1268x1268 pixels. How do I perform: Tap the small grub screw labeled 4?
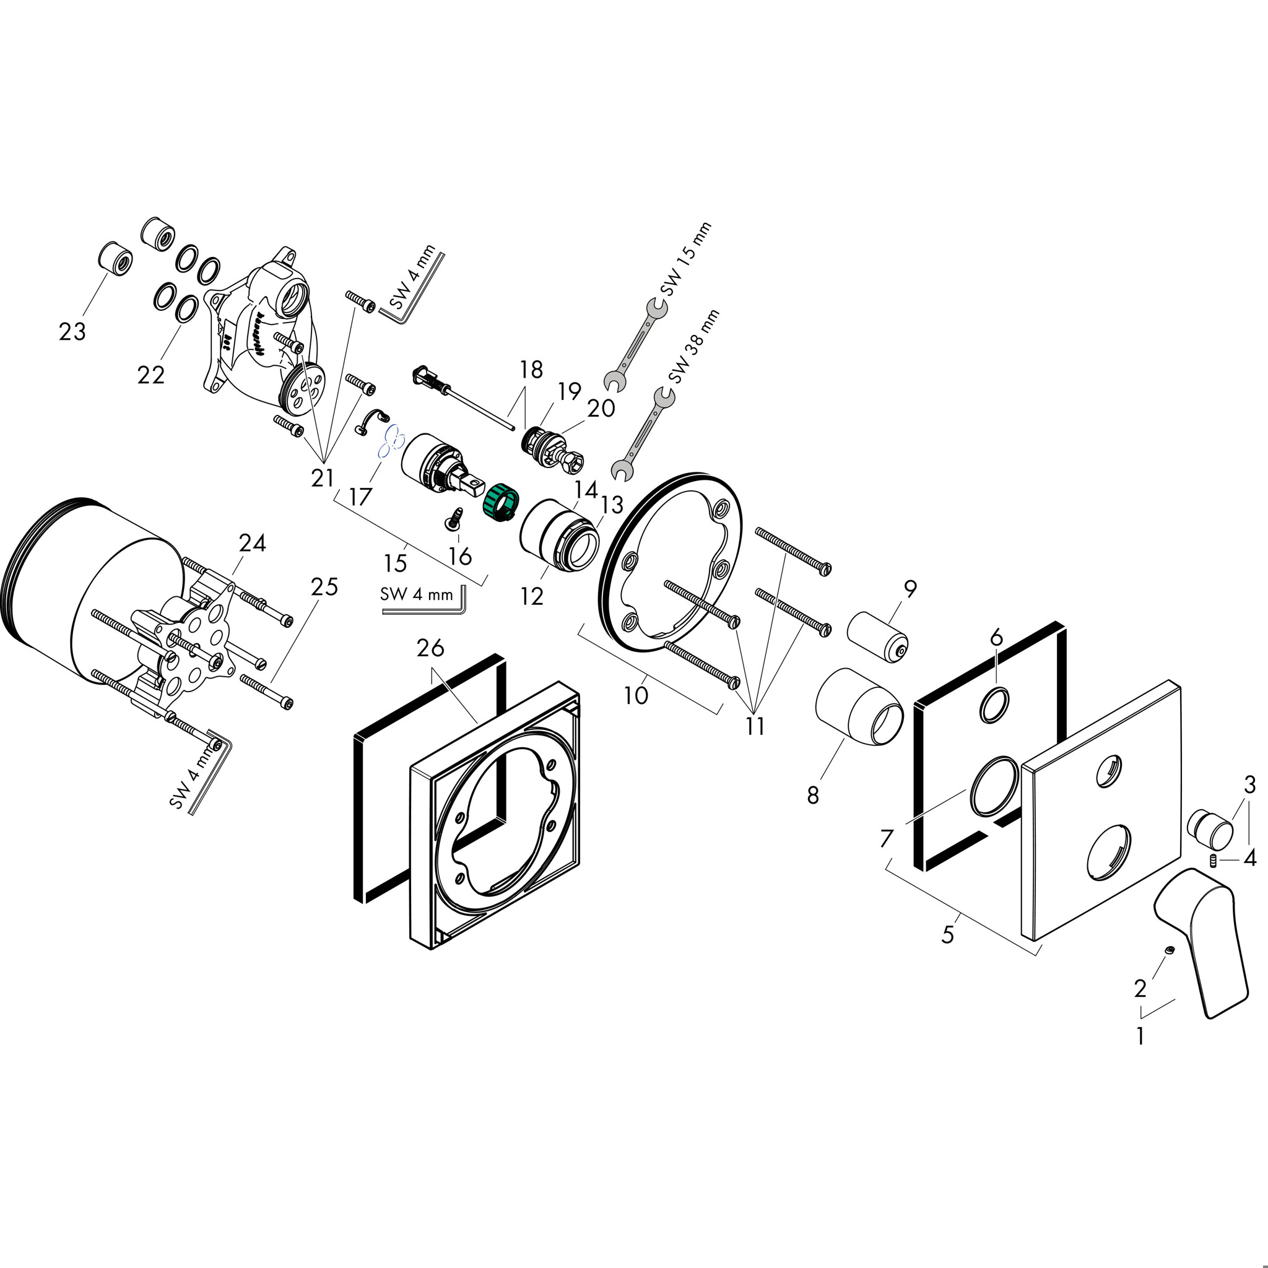[1214, 861]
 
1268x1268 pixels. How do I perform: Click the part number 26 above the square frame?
[430, 648]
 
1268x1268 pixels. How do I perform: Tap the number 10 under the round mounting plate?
[635, 695]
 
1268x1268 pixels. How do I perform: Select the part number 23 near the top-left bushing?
[72, 332]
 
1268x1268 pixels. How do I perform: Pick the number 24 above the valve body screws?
[252, 543]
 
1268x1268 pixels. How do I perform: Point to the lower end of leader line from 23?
[84, 316]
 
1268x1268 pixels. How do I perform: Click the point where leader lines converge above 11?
[754, 713]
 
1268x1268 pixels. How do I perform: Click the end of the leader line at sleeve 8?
[845, 739]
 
